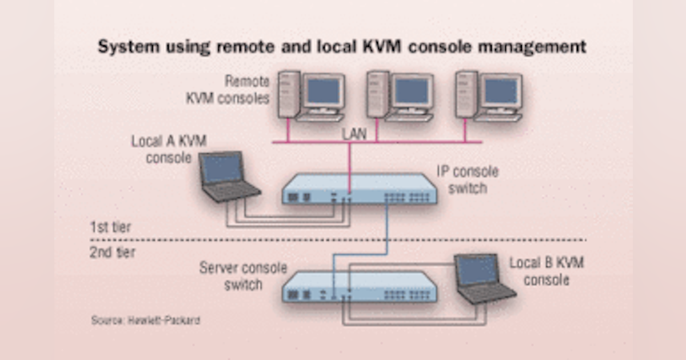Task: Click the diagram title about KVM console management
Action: (342, 47)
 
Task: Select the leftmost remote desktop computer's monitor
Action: (324, 91)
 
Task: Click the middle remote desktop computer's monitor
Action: (412, 91)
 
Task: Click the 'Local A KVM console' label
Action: (169, 149)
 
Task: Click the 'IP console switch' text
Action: (468, 179)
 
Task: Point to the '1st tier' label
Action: (110, 227)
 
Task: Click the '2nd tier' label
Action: (112, 252)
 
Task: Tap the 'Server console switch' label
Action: (242, 275)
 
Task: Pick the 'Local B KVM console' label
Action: (547, 271)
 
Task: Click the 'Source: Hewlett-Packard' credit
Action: (145, 320)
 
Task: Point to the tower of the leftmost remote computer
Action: (289, 94)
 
